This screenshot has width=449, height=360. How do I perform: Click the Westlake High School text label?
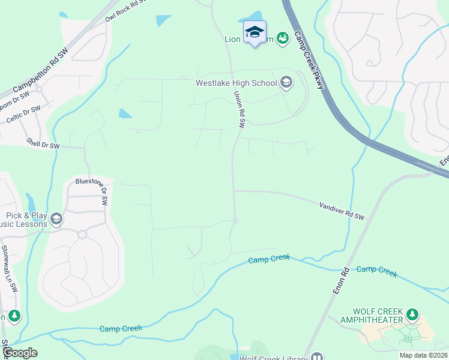tap(236, 83)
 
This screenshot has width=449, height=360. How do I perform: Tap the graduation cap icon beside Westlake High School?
tap(286, 83)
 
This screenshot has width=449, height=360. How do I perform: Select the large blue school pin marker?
tap(255, 32)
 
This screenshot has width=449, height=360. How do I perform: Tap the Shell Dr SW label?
tap(43, 144)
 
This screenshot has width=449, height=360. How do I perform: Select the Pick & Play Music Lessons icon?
tap(56, 218)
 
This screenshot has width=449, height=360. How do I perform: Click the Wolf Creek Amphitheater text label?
tap(378, 316)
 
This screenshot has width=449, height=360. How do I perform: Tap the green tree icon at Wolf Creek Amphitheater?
tap(412, 314)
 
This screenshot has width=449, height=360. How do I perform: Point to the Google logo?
tap(19, 353)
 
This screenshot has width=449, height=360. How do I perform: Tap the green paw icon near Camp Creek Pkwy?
tap(283, 38)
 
